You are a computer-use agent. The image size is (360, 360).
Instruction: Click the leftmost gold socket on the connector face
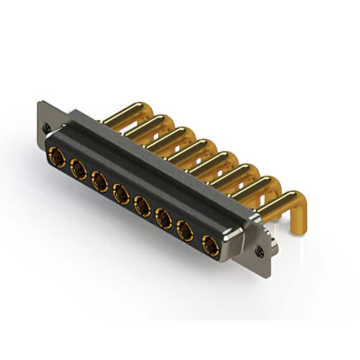56,155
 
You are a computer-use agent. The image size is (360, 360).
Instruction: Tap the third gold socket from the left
100,181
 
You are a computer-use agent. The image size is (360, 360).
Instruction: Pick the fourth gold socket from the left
121,193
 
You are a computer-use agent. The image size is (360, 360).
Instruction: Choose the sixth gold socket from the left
164,218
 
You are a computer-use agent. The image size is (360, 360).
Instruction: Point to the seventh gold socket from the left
185,230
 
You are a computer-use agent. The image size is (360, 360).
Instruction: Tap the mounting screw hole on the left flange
47,127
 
